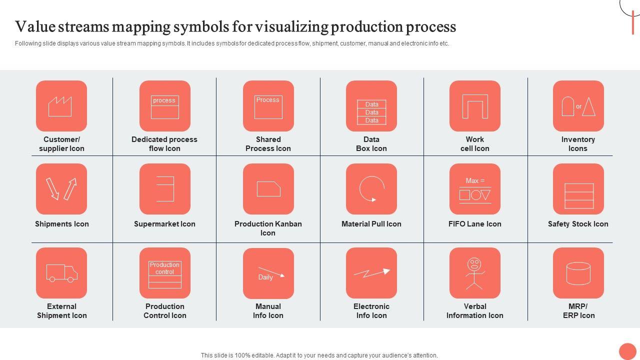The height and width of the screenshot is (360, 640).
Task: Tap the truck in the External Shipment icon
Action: (x=61, y=273)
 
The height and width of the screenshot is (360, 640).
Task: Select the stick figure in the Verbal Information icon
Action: (x=474, y=273)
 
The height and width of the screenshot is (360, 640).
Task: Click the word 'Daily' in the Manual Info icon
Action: (x=265, y=277)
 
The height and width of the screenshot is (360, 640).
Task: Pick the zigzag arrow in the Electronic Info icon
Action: (x=371, y=273)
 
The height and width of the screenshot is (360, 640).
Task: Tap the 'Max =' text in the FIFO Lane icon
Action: (x=475, y=180)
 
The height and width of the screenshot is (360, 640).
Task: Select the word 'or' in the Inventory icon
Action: (x=578, y=106)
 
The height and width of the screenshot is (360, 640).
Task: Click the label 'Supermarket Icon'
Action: (x=164, y=223)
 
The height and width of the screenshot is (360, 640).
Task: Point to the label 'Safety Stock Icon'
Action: (x=577, y=223)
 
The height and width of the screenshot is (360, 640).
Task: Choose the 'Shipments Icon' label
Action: (x=61, y=223)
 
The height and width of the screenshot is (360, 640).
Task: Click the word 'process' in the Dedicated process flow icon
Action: (x=164, y=100)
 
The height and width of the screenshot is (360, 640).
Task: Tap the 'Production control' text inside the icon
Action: (x=164, y=268)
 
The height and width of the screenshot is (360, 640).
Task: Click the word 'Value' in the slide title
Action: (x=35, y=26)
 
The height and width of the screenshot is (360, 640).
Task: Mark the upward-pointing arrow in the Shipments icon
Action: (x=70, y=188)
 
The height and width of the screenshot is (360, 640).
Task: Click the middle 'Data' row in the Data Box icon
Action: (x=371, y=112)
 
